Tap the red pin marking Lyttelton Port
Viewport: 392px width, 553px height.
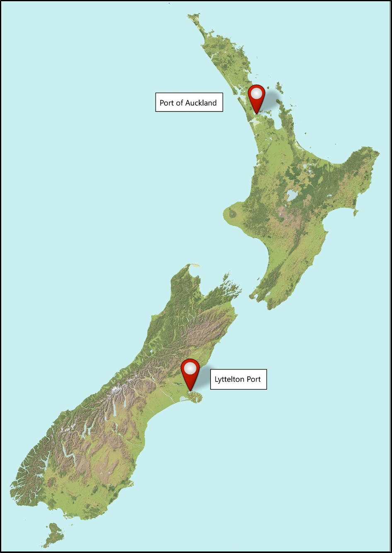click(x=190, y=372)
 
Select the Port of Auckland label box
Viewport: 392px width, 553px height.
click(x=189, y=103)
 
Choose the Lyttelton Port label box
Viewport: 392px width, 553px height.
click(x=238, y=379)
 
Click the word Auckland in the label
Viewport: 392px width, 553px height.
click(x=201, y=103)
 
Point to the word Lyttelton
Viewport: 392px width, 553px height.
click(x=230, y=379)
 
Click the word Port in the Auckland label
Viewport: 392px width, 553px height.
click(x=167, y=103)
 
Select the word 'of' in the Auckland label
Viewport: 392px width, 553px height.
click(x=179, y=103)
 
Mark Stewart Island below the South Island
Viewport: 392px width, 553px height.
click(x=53, y=534)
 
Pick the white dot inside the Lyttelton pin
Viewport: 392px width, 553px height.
click(x=190, y=368)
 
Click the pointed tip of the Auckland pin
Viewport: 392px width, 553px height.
click(x=257, y=113)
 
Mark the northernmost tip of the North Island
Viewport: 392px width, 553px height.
click(x=191, y=16)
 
